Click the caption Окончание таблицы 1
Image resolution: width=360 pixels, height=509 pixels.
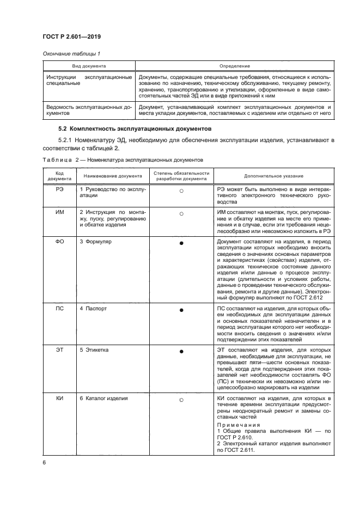68,53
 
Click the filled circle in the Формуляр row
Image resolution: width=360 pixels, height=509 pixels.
181,242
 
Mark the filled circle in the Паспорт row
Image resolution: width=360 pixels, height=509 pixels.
181,310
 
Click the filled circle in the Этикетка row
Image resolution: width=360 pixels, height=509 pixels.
181,351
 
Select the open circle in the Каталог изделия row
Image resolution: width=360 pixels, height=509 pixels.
181,400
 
